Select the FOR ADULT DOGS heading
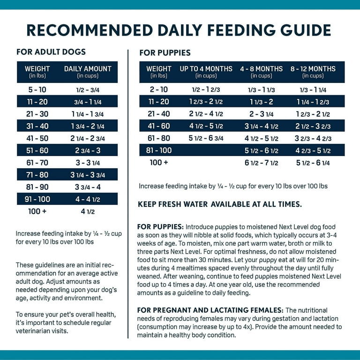pyautogui.click(x=51, y=52)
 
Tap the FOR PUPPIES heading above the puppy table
pyautogui.click(x=165, y=53)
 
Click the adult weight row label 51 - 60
pyautogui.click(x=37, y=150)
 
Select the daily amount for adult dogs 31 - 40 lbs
pyautogui.click(x=88, y=126)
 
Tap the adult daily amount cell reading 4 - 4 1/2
pyautogui.click(x=88, y=199)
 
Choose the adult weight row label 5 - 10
pyautogui.click(x=37, y=90)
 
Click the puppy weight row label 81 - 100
pyautogui.click(x=159, y=150)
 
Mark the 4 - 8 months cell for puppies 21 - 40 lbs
pyautogui.click(x=262, y=114)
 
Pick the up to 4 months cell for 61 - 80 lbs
pyautogui.click(x=206, y=138)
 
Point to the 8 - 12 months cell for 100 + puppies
pyautogui.click(x=313, y=163)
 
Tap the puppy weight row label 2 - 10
pyautogui.click(x=159, y=90)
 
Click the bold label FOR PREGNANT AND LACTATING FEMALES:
pyautogui.click(x=210, y=310)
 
